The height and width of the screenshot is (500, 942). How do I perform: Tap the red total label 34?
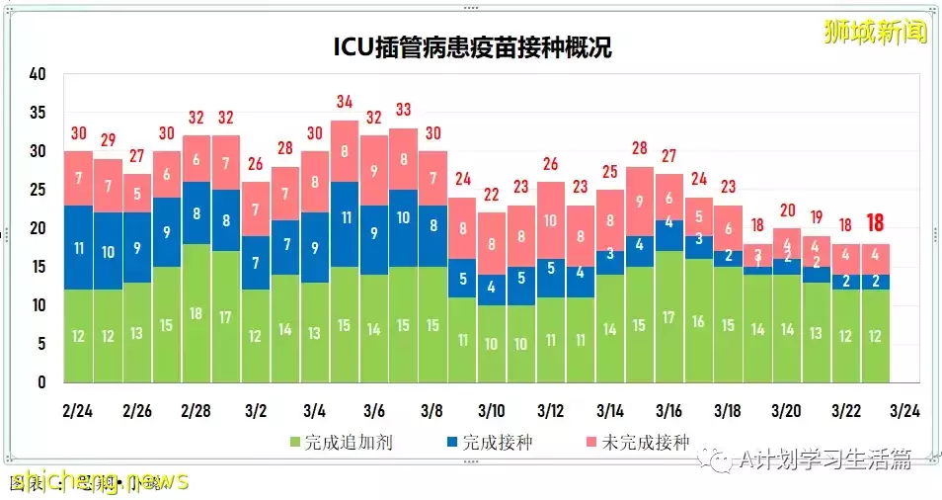[x=344, y=102]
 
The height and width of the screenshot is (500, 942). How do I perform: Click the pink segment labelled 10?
[x=551, y=220]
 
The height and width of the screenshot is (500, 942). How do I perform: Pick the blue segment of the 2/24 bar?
[x=78, y=247]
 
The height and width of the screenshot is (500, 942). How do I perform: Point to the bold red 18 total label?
[x=875, y=222]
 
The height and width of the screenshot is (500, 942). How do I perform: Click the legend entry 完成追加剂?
[x=341, y=442]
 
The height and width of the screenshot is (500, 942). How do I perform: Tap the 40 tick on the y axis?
[x=39, y=74]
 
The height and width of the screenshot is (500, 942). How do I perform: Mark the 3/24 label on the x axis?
[x=904, y=409]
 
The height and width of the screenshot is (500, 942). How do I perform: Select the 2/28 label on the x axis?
[x=196, y=409]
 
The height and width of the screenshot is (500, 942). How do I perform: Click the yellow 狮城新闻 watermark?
[x=876, y=32]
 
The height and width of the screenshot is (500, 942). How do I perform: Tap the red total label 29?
[x=108, y=140]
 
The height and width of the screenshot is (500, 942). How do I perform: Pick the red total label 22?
[x=492, y=195]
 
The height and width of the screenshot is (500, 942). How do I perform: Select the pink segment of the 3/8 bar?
[x=432, y=179]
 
